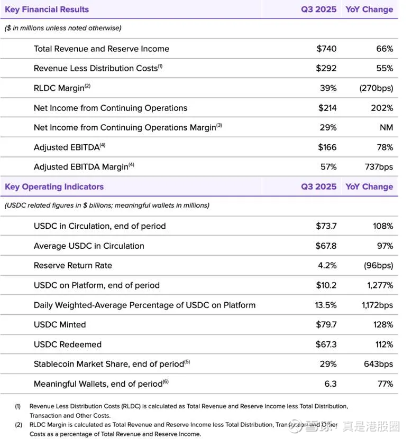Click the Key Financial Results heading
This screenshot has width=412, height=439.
click(x=47, y=10)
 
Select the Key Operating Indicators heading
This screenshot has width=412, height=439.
click(x=54, y=186)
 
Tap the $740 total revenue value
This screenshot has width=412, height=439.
click(x=326, y=49)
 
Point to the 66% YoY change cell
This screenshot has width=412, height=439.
click(x=384, y=49)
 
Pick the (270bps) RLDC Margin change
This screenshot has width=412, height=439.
click(x=376, y=88)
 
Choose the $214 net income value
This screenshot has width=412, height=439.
click(x=327, y=108)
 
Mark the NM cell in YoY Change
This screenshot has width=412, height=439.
click(x=387, y=127)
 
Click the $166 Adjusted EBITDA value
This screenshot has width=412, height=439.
click(x=327, y=147)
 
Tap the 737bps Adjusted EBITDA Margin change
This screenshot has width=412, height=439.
click(x=379, y=167)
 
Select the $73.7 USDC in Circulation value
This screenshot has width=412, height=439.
click(x=326, y=226)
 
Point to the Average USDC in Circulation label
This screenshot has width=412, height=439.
click(x=89, y=246)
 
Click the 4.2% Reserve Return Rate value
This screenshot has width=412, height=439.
click(x=327, y=265)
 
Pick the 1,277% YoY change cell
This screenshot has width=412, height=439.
click(x=380, y=285)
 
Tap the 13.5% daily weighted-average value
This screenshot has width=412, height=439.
click(x=326, y=305)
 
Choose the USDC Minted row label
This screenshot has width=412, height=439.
click(x=60, y=324)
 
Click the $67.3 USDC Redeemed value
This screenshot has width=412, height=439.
click(x=326, y=344)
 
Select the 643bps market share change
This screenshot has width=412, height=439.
click(x=379, y=364)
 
